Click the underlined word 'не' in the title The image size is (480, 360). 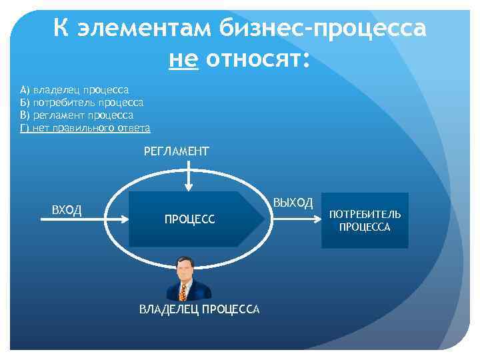[x=185, y=61]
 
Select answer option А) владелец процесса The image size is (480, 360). [x=75, y=89]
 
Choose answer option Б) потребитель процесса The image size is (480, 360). [x=82, y=102]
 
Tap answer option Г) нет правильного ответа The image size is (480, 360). [x=85, y=127]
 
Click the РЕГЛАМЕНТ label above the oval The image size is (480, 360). [x=176, y=151]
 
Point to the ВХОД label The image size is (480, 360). [x=67, y=211]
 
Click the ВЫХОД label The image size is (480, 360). [x=293, y=203]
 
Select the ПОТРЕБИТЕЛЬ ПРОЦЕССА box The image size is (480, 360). [x=365, y=221]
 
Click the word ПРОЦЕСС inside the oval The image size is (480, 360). [x=190, y=219]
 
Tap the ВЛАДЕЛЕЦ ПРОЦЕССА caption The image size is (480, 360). [x=199, y=309]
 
